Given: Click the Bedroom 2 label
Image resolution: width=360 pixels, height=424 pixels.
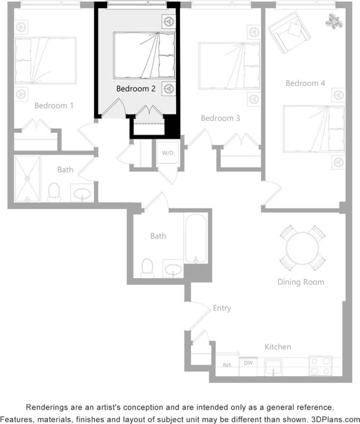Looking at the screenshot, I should point(135,89).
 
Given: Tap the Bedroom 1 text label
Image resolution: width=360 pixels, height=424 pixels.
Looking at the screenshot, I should point(54,105).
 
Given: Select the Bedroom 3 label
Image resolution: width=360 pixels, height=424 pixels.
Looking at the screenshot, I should point(220,118).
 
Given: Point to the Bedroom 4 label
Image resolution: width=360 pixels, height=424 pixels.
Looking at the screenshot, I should point(305,83).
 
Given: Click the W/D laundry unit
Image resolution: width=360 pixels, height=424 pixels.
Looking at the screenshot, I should point(168,153).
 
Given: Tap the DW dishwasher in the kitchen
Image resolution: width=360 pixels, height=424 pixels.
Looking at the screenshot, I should point(248,363).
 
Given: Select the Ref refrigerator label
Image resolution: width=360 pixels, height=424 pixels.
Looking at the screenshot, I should point(226,365).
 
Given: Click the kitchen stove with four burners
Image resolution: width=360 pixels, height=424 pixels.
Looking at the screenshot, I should point(320,366).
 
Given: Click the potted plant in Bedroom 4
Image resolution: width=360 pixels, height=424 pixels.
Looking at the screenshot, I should point(334,21).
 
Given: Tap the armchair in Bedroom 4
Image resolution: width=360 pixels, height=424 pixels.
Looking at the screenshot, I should point(289,32).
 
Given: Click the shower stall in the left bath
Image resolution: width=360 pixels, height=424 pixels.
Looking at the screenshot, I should point(27,179).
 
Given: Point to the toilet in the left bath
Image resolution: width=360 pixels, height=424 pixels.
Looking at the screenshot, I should point(54,192).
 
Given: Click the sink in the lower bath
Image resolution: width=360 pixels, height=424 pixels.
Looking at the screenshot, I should point(173,269).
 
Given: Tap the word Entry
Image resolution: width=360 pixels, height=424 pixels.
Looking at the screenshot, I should point(222,308).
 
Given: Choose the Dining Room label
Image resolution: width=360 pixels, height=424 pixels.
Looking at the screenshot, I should point(300,282).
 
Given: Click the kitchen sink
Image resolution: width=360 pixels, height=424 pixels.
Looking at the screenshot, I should point(273,366).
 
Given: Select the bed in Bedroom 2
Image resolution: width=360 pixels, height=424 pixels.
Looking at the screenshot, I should point(144,55).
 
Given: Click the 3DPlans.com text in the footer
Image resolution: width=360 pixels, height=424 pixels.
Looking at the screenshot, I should point(335,419).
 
